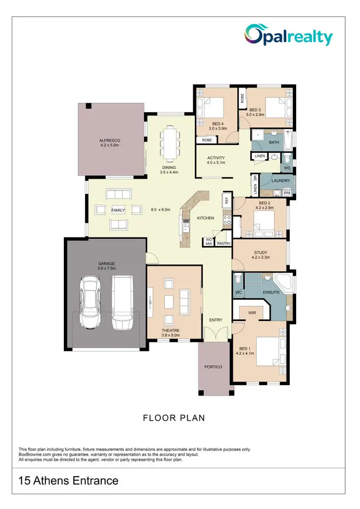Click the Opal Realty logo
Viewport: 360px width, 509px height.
tap(288, 35)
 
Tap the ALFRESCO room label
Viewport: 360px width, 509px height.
tap(109, 141)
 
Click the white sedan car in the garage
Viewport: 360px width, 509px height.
tap(90, 302)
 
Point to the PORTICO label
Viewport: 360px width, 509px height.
tap(213, 367)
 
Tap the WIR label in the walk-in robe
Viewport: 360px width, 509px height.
tap(252, 312)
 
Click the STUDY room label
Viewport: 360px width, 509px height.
tap(261, 252)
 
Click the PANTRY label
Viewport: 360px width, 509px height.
tap(224, 244)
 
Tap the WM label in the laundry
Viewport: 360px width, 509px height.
tap(287, 193)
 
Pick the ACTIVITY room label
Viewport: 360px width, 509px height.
tap(216, 158)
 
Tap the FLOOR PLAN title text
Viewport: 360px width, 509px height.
tap(174, 418)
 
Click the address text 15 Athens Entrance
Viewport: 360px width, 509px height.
tap(68, 480)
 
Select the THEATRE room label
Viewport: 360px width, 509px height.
tap(170, 331)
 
